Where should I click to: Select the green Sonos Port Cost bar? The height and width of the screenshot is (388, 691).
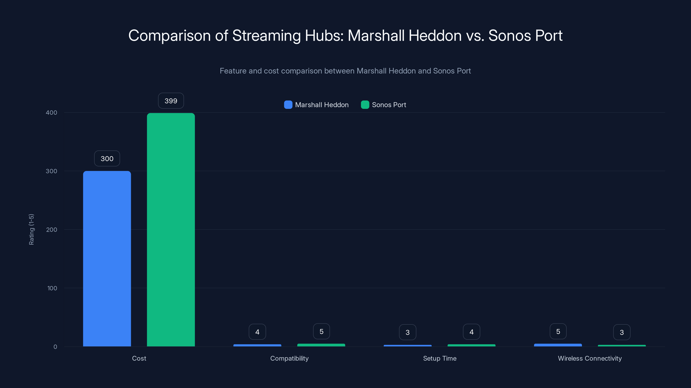coord(171,230)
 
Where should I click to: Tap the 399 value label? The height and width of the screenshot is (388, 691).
coord(171,101)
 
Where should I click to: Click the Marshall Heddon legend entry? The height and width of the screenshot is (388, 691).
coord(317,105)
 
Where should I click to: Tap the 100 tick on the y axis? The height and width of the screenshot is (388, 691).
coord(52,288)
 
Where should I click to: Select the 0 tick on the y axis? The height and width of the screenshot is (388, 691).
coord(55,347)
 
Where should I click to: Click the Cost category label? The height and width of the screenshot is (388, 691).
coord(139,358)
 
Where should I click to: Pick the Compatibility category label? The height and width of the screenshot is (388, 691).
coord(289,358)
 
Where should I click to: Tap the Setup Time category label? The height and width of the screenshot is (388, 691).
coord(439,358)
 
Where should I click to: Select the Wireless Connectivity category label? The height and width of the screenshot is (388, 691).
coord(590,358)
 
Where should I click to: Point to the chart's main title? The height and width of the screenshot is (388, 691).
coord(345,35)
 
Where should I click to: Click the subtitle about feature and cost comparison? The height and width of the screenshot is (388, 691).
coord(345,71)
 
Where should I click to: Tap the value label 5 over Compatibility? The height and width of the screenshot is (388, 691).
coord(321,332)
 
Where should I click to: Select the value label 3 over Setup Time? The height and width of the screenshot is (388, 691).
coord(407,332)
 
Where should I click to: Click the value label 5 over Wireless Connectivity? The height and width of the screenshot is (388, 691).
coord(558,332)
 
